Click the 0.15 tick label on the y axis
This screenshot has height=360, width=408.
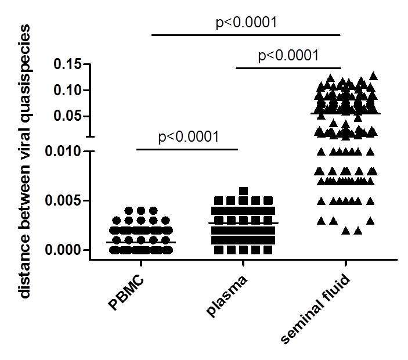pos(69,64)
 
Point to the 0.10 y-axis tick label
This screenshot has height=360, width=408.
pos(69,90)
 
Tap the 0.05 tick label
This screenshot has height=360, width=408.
pos(69,116)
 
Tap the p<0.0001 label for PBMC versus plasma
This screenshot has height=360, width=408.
pos(188,138)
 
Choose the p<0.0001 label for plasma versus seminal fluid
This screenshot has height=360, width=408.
pos(288,56)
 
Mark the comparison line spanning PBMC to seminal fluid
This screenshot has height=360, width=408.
pos(246,35)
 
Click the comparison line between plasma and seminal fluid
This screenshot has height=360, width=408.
pos(288,67)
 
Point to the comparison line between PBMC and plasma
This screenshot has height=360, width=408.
pos(187,149)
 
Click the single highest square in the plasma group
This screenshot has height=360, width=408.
pos(244,190)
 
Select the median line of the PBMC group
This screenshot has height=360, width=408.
pos(141,242)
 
